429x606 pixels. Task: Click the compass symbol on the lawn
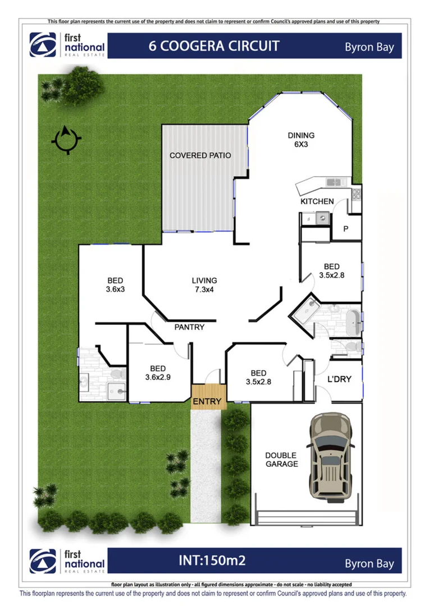[x=66, y=139]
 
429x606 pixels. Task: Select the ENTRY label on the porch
[x=207, y=402]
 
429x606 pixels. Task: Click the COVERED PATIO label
[x=200, y=155]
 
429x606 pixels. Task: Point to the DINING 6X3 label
[x=301, y=140]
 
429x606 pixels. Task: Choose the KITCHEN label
[x=317, y=201]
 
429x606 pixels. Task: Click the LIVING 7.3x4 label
[x=204, y=285]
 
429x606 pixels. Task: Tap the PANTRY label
[x=189, y=327]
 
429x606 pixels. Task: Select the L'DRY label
[x=339, y=379]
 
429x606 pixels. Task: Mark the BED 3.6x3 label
[x=115, y=285]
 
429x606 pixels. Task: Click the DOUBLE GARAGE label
[x=281, y=460]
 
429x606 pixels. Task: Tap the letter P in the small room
[x=345, y=229]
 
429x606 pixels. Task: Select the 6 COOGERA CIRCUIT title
[x=213, y=46]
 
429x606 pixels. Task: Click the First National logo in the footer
[x=67, y=561]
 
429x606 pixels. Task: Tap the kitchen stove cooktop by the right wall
[x=356, y=194]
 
